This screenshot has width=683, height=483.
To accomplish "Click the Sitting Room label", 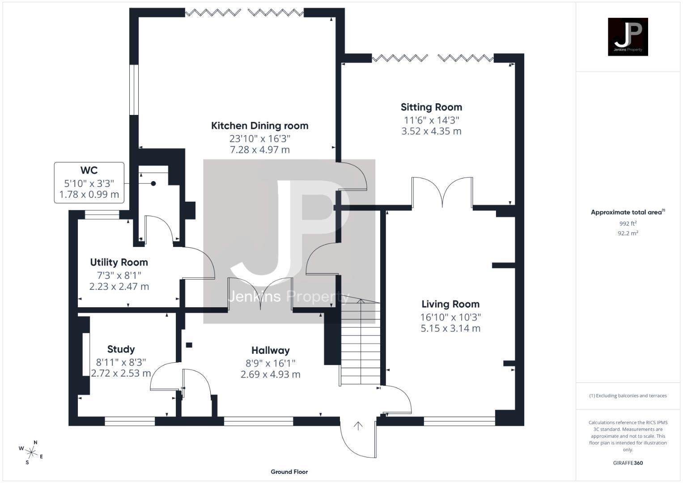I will pos(431,107).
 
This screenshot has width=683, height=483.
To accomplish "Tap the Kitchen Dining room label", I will pos(259,126).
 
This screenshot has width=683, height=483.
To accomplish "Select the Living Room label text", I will pos(450,304).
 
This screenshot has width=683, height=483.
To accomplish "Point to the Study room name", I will pos(121,349).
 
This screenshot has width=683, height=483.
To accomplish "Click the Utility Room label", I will pos(119,263).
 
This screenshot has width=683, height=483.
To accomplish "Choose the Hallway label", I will pos(270,351).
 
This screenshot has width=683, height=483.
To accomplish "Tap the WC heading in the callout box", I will pos(89,170).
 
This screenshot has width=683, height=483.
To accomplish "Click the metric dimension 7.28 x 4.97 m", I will pos(259,150).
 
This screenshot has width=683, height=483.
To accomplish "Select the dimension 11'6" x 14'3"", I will pos(431,120).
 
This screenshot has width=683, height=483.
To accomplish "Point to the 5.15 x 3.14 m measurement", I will pos(450,328).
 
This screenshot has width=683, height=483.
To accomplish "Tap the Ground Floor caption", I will pos(289,472).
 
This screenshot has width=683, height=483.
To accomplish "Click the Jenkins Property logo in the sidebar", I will pos(628,37).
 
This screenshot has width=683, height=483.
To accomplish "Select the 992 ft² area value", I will pos(628,224).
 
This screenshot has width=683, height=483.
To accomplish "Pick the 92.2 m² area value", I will pos(628,233).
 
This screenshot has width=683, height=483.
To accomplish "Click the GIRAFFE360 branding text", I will pos(628,463).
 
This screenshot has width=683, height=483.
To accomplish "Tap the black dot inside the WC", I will pos(153,183).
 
